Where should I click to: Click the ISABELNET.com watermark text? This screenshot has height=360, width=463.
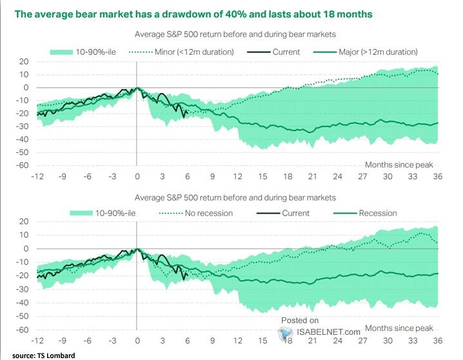click(329, 332)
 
